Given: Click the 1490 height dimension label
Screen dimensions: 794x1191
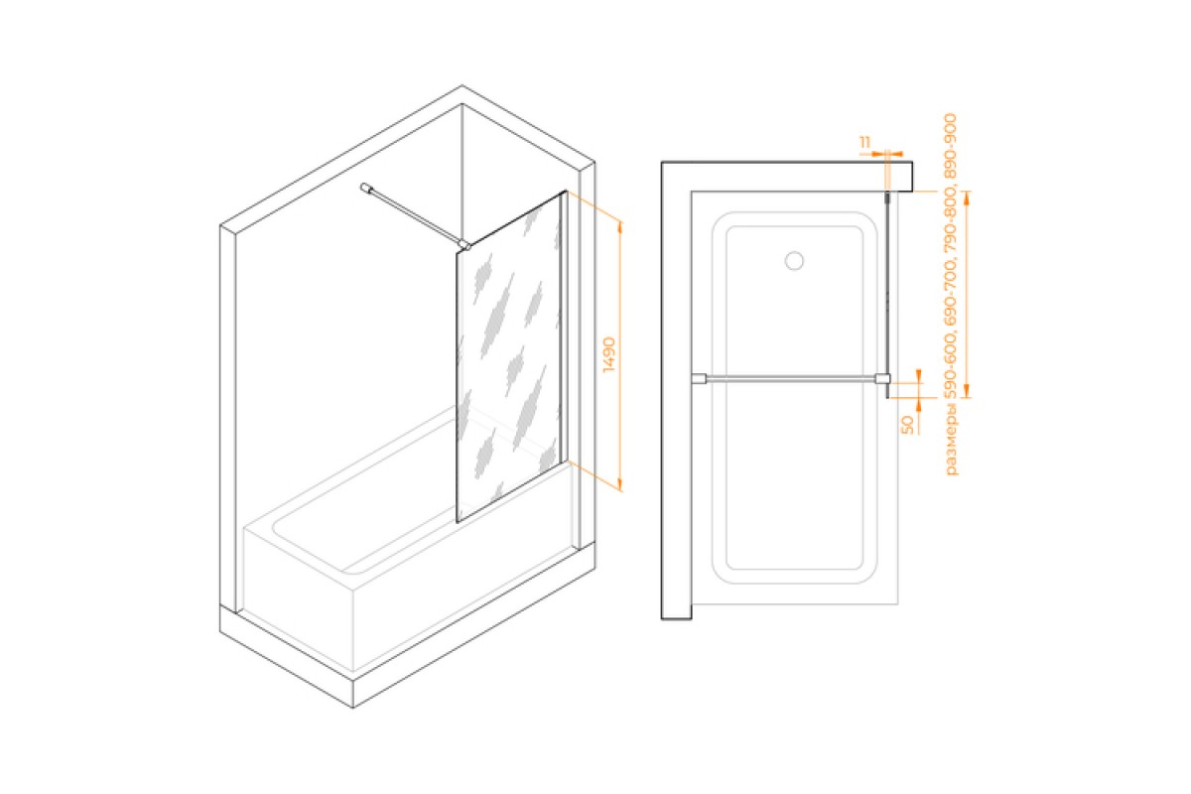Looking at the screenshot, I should [x=608, y=354].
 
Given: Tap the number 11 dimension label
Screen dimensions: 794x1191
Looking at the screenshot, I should [x=865, y=143].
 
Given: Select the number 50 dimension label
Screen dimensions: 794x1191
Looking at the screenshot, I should [x=906, y=424].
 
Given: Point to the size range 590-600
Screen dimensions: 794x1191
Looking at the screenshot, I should [x=951, y=367].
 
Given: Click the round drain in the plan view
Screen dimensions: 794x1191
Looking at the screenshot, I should [x=793, y=261].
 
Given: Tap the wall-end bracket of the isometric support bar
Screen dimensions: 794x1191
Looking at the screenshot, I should [x=367, y=186].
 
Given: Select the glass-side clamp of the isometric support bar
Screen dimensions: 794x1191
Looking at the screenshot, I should [x=463, y=242].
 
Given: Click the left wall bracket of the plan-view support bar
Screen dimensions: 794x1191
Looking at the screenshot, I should [x=699, y=377].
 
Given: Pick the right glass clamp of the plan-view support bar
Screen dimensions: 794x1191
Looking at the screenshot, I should [x=881, y=377].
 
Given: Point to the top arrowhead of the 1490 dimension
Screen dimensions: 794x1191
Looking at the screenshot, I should [x=620, y=225].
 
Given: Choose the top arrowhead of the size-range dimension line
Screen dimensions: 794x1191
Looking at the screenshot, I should [x=970, y=196].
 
